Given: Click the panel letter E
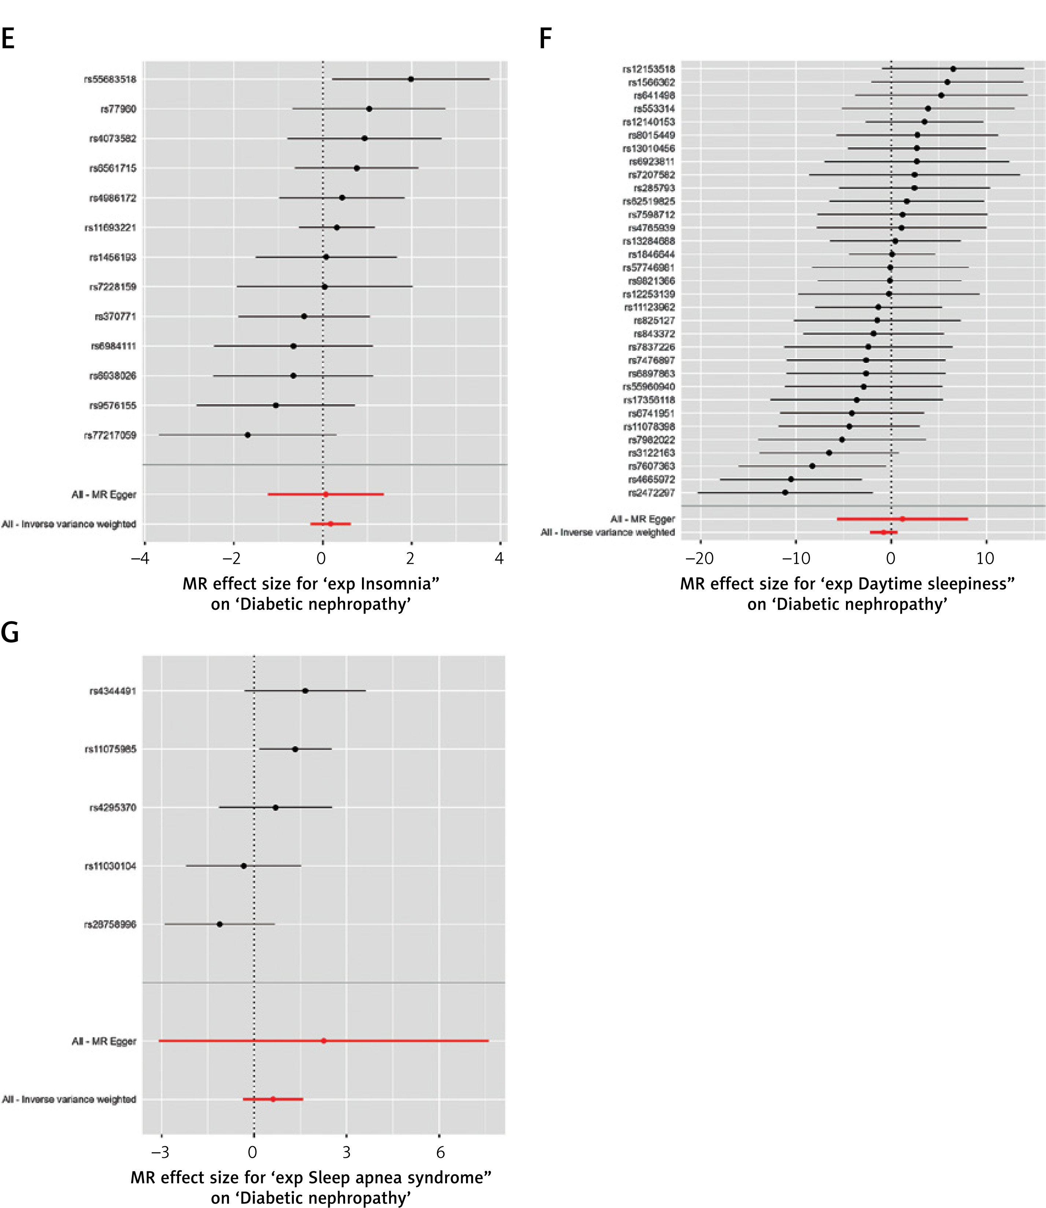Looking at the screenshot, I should click(x=8, y=39).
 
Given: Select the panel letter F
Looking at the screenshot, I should click(x=545, y=39).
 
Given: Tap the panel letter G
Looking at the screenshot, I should click(x=10, y=632).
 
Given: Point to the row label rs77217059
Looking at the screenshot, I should click(x=110, y=435).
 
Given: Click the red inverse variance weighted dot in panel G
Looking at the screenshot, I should click(x=273, y=1099).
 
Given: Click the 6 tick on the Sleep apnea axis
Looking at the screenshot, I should click(x=440, y=1152).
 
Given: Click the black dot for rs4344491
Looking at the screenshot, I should click(x=305, y=691).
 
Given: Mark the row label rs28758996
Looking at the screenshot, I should click(x=110, y=925).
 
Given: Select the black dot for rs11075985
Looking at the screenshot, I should click(x=295, y=749).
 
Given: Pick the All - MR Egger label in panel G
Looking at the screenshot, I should click(x=104, y=1041).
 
